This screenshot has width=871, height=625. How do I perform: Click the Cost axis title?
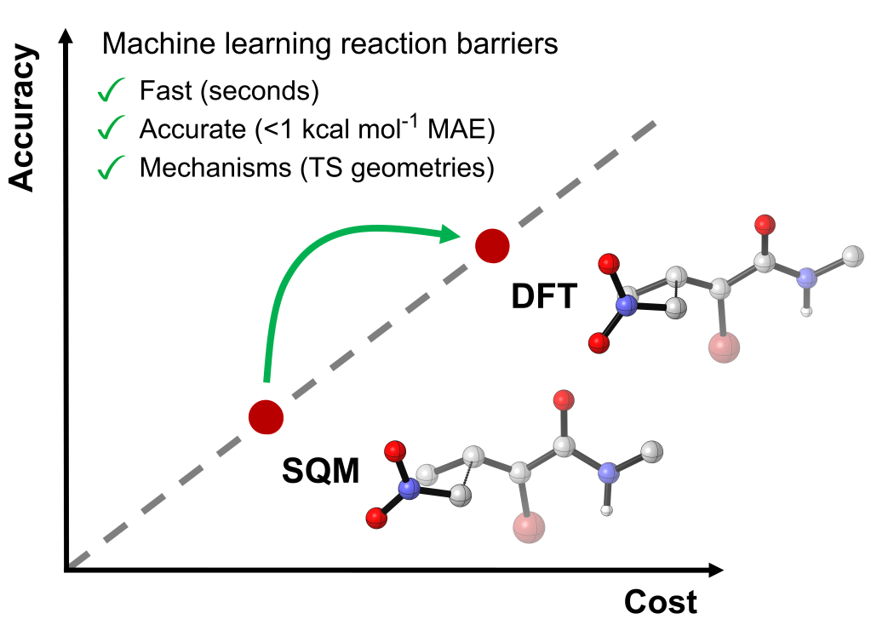coord(661,601)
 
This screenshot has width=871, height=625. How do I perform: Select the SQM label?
coord(321,470)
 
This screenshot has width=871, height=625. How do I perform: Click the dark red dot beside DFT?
coord(492,246)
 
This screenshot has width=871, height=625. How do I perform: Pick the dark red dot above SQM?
coord(266,416)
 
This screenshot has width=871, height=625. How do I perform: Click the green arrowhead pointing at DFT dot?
coord(451,232)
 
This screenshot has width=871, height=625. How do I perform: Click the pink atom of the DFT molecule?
coord(724,347)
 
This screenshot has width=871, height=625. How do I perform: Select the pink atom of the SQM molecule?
coord(529,528)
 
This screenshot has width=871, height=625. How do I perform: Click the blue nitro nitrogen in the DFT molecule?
coord(627,305)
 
